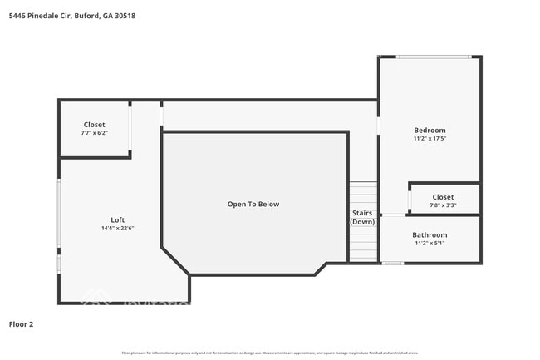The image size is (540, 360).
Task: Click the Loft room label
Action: (x=117, y=220)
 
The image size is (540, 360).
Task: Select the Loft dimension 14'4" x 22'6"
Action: (x=117, y=229)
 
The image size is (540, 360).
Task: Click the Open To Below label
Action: (x=253, y=204)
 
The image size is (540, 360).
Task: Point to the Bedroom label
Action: (x=430, y=130)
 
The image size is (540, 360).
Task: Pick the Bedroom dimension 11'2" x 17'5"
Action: (x=430, y=139)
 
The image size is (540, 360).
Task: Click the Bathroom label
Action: (x=430, y=234)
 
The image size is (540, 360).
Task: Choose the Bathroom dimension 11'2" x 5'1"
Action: (x=430, y=244)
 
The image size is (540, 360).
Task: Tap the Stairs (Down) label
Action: (x=362, y=217)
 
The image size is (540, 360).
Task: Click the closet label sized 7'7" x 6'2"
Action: (x=94, y=125)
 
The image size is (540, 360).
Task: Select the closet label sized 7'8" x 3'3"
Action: (x=443, y=197)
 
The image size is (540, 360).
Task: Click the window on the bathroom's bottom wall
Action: (x=393, y=263)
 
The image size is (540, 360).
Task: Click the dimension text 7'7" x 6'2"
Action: (x=94, y=133)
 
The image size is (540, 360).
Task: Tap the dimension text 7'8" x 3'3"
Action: (x=443, y=205)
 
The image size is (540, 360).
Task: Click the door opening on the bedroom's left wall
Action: (x=379, y=126)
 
